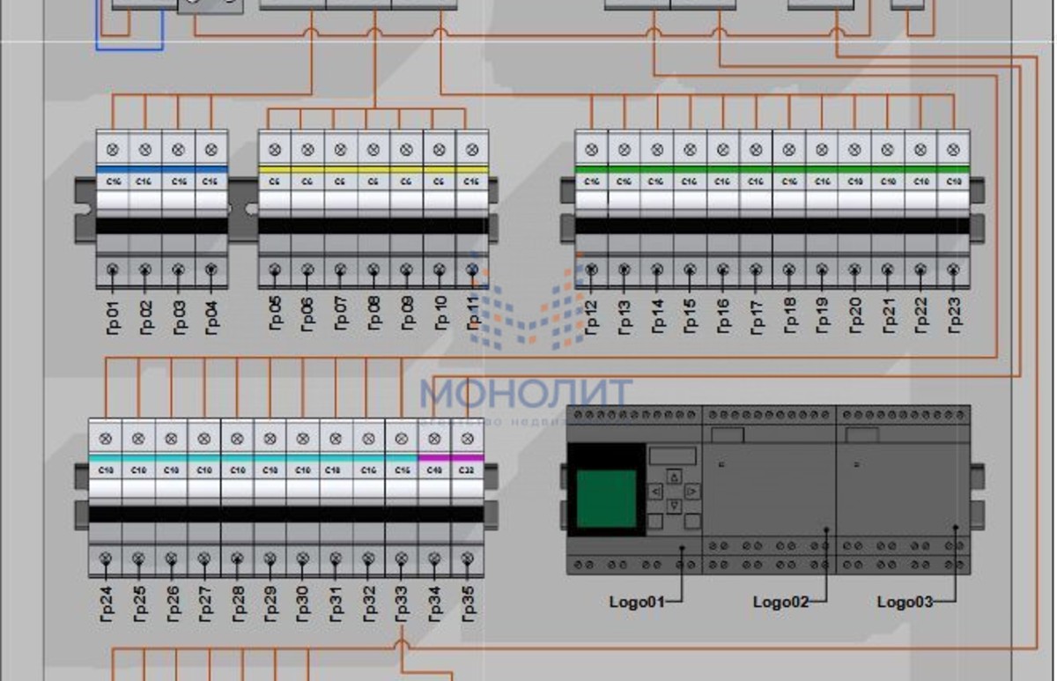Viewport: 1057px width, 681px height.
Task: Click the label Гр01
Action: pyautogui.click(x=113, y=316)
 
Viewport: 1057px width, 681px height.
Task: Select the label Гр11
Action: pyautogui.click(x=473, y=316)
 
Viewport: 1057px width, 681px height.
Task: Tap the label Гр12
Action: pyautogui.click(x=591, y=316)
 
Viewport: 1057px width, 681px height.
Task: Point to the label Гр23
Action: pyautogui.click(x=952, y=316)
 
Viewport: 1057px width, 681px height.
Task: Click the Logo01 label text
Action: pyautogui.click(x=633, y=603)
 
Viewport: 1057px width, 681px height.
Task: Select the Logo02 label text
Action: pyautogui.click(x=780, y=603)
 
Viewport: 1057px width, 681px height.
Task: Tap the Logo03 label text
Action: pyautogui.click(x=904, y=603)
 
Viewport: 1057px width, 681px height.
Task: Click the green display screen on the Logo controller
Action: pyautogui.click(x=606, y=499)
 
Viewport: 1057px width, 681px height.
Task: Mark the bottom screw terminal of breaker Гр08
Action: pyautogui.click(x=373, y=269)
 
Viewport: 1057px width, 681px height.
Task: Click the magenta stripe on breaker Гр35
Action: pyautogui.click(x=468, y=458)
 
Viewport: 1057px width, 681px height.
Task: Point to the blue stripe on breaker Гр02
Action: pyautogui.click(x=145, y=168)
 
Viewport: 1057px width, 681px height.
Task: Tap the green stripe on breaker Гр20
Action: pyautogui.click(x=854, y=168)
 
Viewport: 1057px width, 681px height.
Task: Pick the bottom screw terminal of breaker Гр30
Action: pyautogui.click(x=302, y=559)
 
